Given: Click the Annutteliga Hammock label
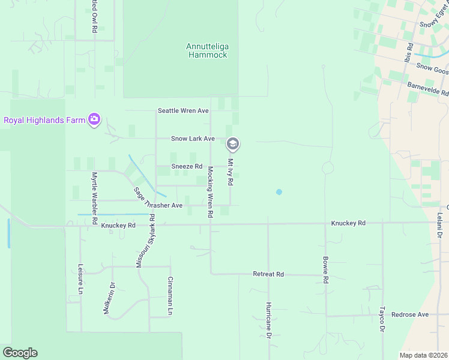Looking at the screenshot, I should pyautogui.click(x=207, y=50).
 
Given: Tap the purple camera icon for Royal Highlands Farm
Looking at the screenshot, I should pyautogui.click(x=94, y=119).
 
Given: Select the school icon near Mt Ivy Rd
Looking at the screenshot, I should pyautogui.click(x=233, y=144).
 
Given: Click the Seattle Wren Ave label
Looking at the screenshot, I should pyautogui.click(x=183, y=111).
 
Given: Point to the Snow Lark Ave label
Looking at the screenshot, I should pyautogui.click(x=193, y=139).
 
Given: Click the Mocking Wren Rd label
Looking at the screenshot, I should pyautogui.click(x=210, y=192).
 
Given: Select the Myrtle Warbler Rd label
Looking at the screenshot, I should pyautogui.click(x=94, y=198).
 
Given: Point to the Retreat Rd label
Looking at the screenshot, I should pyautogui.click(x=268, y=274).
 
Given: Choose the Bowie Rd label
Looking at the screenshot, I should pyautogui.click(x=325, y=270).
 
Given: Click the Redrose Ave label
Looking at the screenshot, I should pyautogui.click(x=410, y=314).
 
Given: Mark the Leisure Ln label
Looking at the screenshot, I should pyautogui.click(x=80, y=279).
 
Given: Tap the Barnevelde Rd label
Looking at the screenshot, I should pyautogui.click(x=428, y=89).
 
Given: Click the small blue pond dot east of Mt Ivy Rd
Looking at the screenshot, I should pyautogui.click(x=279, y=192).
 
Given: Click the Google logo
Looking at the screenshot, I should pyautogui.click(x=20, y=353).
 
